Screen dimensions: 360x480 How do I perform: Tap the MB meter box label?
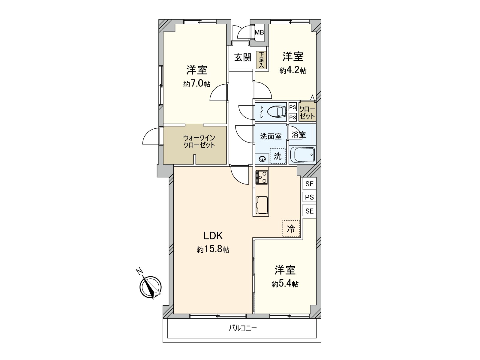click(x=259, y=32)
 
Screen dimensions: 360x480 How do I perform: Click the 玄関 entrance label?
click(x=243, y=58)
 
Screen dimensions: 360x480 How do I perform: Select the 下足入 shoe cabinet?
click(x=261, y=60)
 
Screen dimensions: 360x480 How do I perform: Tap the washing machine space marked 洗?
click(x=278, y=156)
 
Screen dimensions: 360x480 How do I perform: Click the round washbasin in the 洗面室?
click(x=262, y=159)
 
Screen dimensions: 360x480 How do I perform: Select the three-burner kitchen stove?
click(x=262, y=177)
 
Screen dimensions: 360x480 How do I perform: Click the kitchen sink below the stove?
click(x=262, y=205)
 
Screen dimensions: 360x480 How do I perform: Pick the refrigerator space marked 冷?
click(x=291, y=229)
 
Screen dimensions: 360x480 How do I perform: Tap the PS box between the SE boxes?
click(x=309, y=197)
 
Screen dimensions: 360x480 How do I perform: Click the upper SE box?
click(x=309, y=184)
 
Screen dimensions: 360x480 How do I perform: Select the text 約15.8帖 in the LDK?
click(x=213, y=249)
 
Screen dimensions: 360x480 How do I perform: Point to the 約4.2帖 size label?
click(x=293, y=71)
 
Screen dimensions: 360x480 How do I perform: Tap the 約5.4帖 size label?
click(x=285, y=284)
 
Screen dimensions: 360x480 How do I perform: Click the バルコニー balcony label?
click(x=243, y=328)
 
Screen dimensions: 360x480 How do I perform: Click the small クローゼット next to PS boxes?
click(x=307, y=112)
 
